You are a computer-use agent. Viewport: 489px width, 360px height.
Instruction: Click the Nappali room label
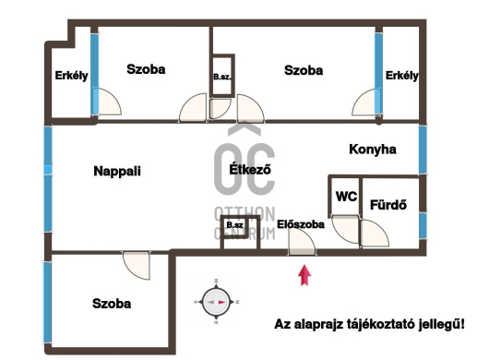[x=117, y=171]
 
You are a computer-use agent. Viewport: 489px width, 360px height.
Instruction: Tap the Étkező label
[x=250, y=170]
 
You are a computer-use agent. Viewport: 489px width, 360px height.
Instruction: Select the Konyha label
[x=373, y=150]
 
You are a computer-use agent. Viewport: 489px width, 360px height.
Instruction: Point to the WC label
[x=347, y=197]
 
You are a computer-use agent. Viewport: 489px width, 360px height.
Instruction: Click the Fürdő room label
[x=388, y=205]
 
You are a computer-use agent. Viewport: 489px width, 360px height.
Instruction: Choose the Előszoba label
[x=301, y=224]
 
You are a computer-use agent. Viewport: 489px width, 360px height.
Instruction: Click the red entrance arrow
[x=304, y=275]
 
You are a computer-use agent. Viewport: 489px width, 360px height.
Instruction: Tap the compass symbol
[x=217, y=302]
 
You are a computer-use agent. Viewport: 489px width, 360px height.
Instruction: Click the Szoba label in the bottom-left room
[x=112, y=304]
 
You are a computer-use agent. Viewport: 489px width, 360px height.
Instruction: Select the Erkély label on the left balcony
[x=71, y=76]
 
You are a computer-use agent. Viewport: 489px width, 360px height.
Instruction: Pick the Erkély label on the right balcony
[x=402, y=76]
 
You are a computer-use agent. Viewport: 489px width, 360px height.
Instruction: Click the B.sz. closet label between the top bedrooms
[x=222, y=77]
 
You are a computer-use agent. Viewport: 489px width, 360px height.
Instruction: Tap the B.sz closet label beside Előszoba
[x=235, y=225]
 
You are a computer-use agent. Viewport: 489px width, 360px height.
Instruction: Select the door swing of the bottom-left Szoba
[x=137, y=265]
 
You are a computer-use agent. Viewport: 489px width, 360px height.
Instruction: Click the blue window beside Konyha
[x=423, y=150]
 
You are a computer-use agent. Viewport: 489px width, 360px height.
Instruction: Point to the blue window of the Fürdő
[x=423, y=225]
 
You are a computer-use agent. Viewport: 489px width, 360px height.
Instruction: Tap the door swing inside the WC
[x=345, y=229]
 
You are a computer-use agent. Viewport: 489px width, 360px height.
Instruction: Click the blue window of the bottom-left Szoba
[x=47, y=302]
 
